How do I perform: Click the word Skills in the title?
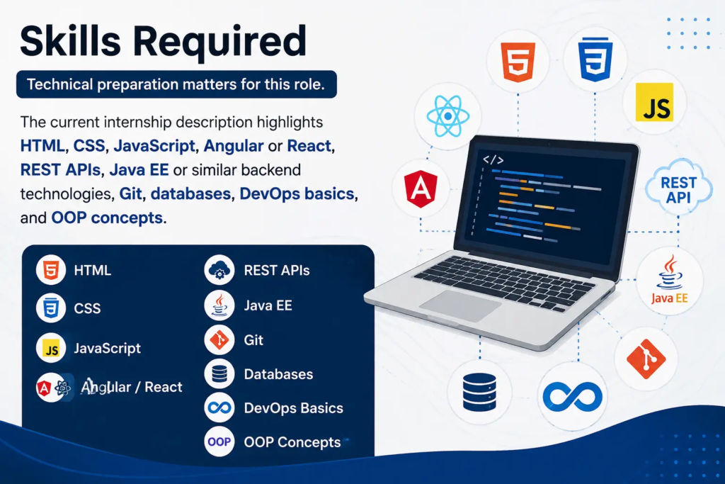(70, 41)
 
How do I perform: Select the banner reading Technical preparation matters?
(176, 84)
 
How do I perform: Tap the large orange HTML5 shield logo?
(518, 62)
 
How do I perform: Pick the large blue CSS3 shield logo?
(595, 60)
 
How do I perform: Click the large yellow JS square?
(654, 102)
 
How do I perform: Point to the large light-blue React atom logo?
(447, 116)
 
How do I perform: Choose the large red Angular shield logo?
(421, 188)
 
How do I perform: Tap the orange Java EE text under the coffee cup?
(670, 298)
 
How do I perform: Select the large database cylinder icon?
(479, 393)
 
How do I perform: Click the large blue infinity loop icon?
(572, 397)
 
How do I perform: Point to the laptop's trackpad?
(460, 305)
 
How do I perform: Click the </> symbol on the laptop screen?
(493, 159)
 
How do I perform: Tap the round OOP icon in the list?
(219, 442)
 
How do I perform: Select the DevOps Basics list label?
(294, 408)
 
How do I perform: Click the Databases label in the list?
(278, 374)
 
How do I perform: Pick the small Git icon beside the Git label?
(219, 340)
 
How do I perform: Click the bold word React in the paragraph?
(309, 146)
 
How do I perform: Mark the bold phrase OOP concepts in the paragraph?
(107, 218)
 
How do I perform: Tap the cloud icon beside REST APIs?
(219, 270)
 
